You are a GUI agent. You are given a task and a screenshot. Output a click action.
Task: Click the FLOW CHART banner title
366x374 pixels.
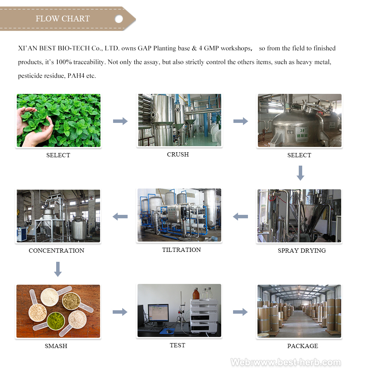tap(63, 19)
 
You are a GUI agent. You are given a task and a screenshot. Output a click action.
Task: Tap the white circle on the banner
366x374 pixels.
tap(119, 19)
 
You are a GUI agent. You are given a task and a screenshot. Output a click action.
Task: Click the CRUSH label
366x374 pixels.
tap(178, 155)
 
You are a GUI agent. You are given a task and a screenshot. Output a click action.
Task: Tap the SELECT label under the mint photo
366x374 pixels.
tap(58, 155)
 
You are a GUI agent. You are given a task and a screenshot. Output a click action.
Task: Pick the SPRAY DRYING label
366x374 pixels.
tap(301, 251)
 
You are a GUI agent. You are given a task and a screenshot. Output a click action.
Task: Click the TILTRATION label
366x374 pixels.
tap(181, 250)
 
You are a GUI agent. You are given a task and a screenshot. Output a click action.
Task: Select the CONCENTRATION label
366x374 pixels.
tap(56, 251)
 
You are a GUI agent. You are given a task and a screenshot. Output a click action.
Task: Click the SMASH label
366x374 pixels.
tap(56, 346)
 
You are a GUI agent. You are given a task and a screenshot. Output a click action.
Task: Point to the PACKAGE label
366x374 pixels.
tap(303, 346)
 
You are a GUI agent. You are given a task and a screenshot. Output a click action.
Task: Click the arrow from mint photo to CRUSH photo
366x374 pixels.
tap(120, 121)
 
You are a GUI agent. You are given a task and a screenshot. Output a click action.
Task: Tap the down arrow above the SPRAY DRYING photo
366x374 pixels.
tap(300, 173)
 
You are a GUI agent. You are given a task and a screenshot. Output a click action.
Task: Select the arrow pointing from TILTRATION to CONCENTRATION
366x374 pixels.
tap(120, 217)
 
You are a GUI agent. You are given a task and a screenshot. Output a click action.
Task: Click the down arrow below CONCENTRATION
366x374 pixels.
tap(58, 269)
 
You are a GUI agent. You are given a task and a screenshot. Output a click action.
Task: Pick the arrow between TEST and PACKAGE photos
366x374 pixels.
tap(240, 312)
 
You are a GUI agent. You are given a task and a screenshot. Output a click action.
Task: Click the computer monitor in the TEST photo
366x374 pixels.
tap(158, 314)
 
